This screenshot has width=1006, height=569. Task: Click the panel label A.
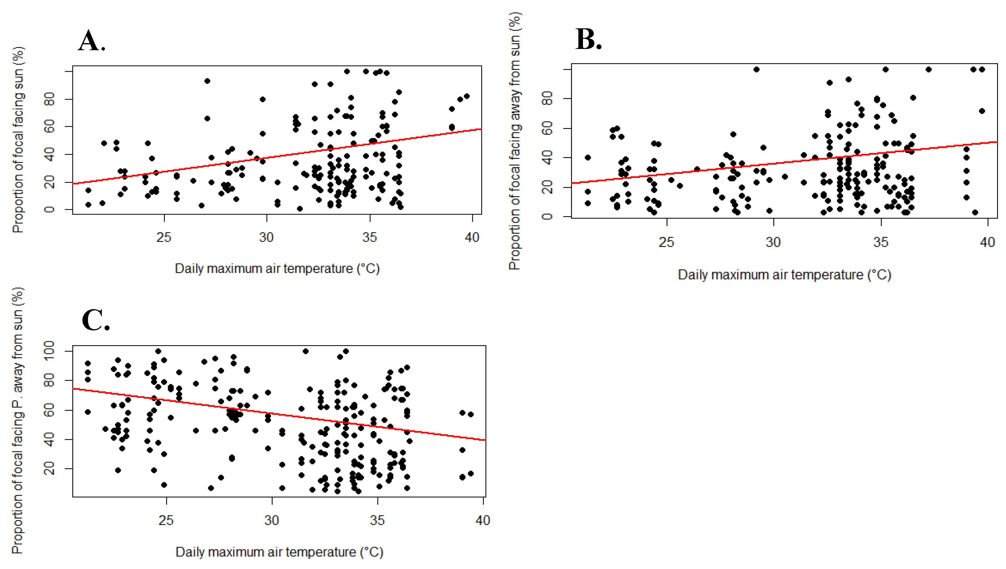pyautogui.click(x=91, y=41)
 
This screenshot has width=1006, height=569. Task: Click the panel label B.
pyautogui.click(x=588, y=39)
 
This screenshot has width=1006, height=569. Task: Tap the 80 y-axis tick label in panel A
pyautogui.click(x=49, y=99)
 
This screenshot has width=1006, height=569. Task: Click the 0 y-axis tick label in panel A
pyautogui.click(x=49, y=209)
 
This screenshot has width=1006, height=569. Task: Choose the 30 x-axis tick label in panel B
pyautogui.click(x=773, y=242)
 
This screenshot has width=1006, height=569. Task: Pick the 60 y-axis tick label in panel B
pyautogui.click(x=548, y=128)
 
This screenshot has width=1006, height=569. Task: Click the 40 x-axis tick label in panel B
pyautogui.click(x=987, y=242)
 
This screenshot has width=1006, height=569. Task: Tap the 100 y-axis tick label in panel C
pyautogui.click(x=49, y=351)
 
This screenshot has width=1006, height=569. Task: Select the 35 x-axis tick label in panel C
pyautogui.click(x=377, y=520)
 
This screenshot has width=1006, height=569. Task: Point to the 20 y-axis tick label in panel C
pyautogui.click(x=49, y=468)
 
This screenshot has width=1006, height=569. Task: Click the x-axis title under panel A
pyautogui.click(x=277, y=269)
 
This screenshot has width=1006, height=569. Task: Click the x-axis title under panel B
pyautogui.click(x=784, y=275)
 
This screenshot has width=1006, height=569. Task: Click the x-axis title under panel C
pyautogui.click(x=279, y=552)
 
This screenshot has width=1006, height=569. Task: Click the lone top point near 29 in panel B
pyautogui.click(x=756, y=70)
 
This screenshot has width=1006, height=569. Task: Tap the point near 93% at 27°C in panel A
pyautogui.click(x=207, y=81)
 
